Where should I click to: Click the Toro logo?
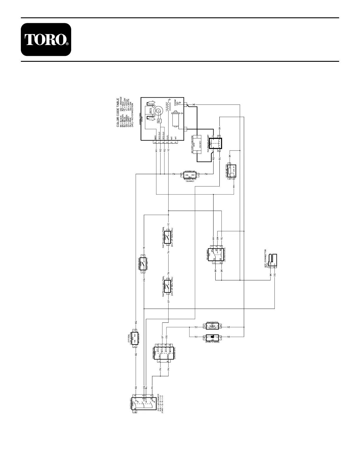click(46, 40)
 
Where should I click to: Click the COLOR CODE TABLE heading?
click(118, 113)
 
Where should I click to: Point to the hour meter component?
click(231, 172)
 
